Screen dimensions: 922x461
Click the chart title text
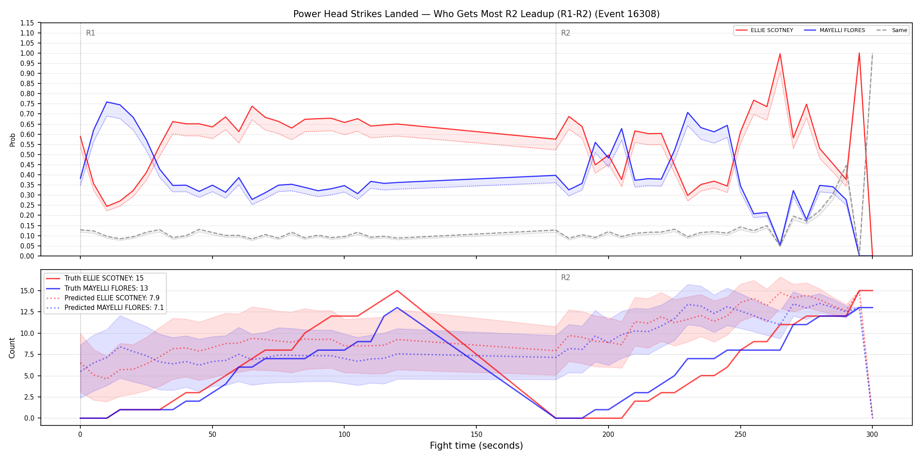coord(476,14)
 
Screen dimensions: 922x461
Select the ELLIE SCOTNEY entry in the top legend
coord(764,30)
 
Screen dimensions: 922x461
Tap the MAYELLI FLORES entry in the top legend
coord(835,30)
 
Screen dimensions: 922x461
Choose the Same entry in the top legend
coord(892,30)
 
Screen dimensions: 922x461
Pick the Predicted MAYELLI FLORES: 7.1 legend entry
coord(105,308)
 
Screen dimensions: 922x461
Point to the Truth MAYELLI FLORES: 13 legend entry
coord(97,288)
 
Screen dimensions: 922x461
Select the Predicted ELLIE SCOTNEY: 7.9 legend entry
coord(103,298)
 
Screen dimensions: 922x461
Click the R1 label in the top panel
coord(90,33)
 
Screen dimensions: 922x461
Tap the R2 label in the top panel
coord(565,33)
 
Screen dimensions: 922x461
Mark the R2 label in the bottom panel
coord(565,277)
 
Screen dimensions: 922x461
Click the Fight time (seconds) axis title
coord(476,446)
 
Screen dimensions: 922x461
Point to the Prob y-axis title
coord(12,140)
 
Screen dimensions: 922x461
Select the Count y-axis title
coord(12,348)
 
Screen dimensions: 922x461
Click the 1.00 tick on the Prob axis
coord(27,53)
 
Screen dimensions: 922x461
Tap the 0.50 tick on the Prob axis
coord(27,155)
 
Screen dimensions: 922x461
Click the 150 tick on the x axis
coord(476,435)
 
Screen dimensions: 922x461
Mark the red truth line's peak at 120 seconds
coord(397,290)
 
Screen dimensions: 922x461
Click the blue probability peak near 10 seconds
coord(107,102)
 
